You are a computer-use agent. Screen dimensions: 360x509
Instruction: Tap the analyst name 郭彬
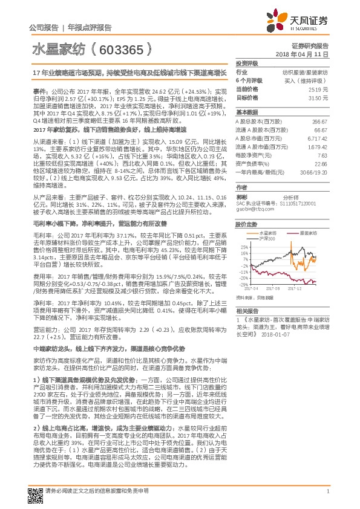pyautogui.click(x=241, y=197)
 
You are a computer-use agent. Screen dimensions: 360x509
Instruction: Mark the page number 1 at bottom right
pyautogui.click(x=327, y=491)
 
